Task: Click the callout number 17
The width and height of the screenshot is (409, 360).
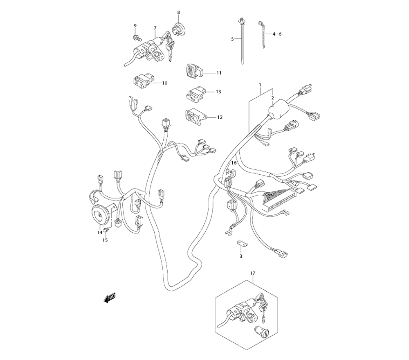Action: pos(253,272)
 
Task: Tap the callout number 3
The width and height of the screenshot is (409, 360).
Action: pos(241,256)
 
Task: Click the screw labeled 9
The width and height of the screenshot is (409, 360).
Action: pos(136,38)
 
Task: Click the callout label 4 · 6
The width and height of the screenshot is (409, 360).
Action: pos(277,34)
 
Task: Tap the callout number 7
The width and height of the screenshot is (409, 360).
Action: pos(155,28)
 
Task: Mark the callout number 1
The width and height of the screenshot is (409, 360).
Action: pos(260,85)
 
